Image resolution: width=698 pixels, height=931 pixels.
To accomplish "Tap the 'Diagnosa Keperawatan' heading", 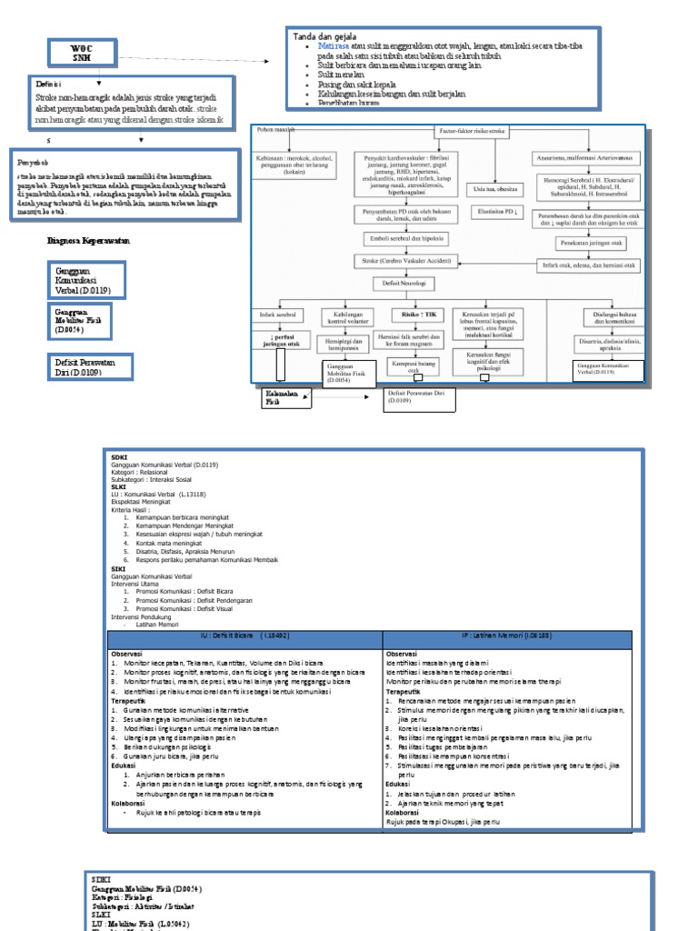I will (89, 243).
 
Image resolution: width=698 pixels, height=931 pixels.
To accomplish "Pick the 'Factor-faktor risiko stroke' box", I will (472, 132).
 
